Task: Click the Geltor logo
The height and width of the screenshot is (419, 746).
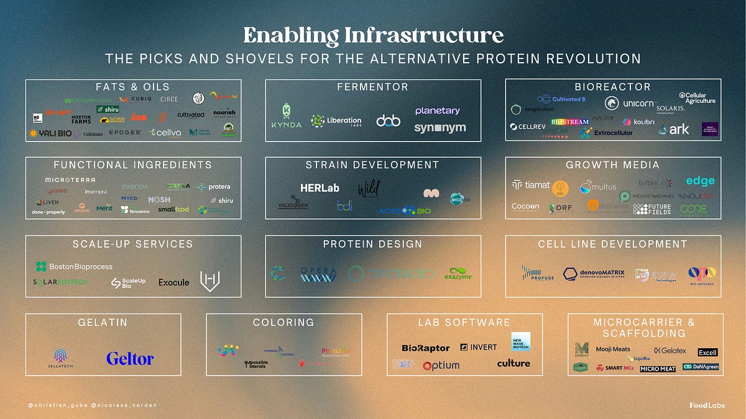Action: click(x=129, y=359)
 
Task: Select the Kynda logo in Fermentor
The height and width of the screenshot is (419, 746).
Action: click(x=286, y=115)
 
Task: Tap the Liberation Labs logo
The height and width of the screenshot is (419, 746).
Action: click(x=336, y=120)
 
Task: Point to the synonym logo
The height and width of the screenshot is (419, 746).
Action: click(x=440, y=128)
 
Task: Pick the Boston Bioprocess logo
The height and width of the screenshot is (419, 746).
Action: click(x=74, y=266)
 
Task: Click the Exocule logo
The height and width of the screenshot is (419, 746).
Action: click(x=173, y=282)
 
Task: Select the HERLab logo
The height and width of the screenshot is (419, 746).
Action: click(x=320, y=187)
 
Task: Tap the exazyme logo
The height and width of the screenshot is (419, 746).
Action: click(x=458, y=273)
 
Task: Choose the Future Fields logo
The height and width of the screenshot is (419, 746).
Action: click(x=652, y=209)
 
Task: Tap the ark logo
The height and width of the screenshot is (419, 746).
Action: click(x=674, y=129)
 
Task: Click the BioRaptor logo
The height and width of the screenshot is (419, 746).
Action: click(x=425, y=348)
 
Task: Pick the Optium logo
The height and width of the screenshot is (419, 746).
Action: click(x=441, y=366)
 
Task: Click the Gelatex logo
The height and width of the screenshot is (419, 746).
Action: click(x=670, y=351)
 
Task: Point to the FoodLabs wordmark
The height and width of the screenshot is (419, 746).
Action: click(x=707, y=405)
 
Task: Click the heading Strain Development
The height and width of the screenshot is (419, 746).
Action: click(x=372, y=165)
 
